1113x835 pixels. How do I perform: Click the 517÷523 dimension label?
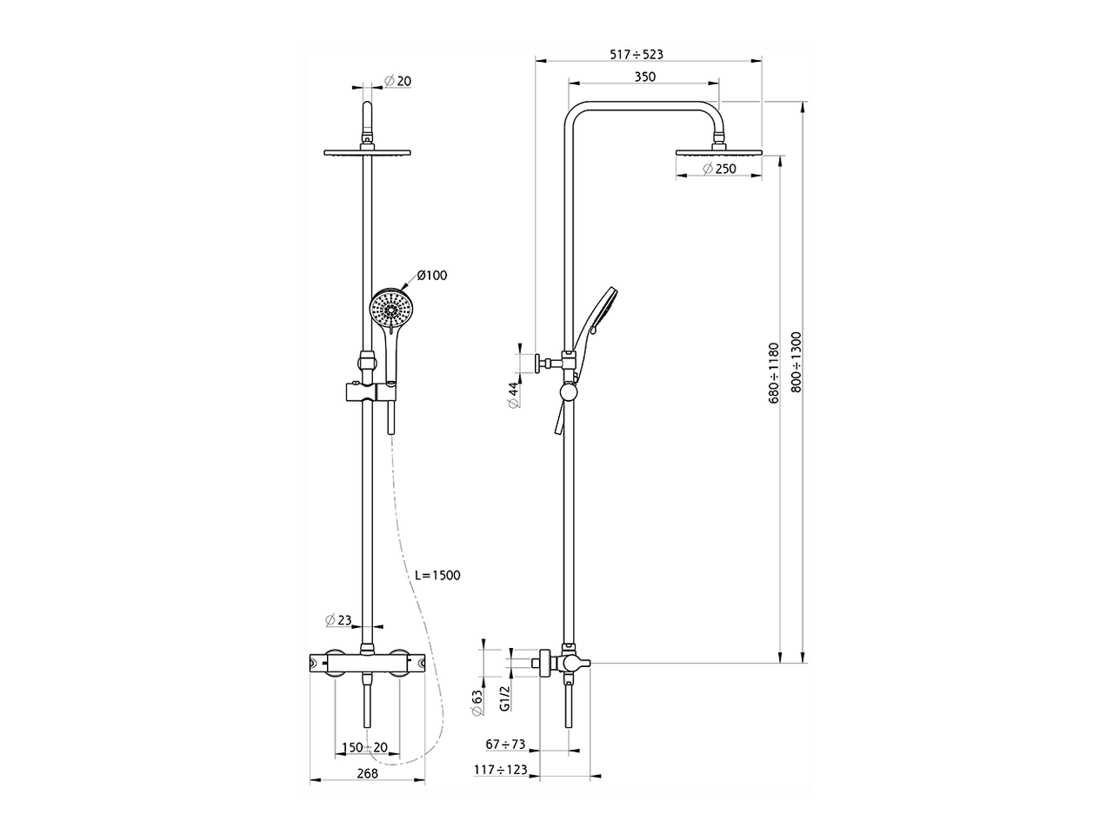[x=636, y=54]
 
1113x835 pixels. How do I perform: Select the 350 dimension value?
[x=645, y=77]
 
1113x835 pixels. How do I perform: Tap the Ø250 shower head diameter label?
[x=719, y=169]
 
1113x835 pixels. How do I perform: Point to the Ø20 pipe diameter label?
[x=398, y=81]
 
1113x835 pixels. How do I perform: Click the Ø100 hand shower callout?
[x=432, y=276]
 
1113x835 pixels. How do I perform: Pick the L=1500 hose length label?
[x=437, y=576]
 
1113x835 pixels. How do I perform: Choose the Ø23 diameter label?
[x=338, y=620]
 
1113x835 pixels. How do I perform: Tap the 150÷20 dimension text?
[x=364, y=747]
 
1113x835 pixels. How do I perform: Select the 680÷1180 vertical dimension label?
[x=773, y=373]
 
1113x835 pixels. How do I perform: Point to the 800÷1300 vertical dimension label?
[x=796, y=362]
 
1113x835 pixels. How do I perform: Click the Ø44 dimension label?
[x=514, y=396]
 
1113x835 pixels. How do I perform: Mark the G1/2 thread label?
[x=504, y=698]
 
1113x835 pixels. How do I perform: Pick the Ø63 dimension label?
[x=477, y=703]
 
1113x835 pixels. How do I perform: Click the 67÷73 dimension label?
[x=505, y=745]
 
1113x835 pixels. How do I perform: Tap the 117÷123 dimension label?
[x=501, y=770]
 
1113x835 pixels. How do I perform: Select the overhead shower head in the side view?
[x=718, y=151]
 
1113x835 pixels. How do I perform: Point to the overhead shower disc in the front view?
[x=367, y=151]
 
